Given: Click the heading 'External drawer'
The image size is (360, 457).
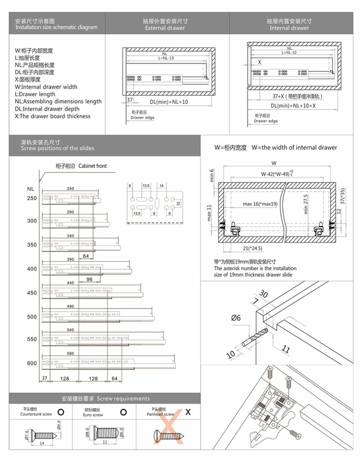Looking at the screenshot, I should (165, 28).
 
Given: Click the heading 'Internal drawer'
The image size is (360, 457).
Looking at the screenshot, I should (289, 28).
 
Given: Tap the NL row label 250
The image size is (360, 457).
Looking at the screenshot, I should (31, 198).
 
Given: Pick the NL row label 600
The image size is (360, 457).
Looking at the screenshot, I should (31, 363).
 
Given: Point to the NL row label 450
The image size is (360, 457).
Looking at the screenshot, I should (31, 293).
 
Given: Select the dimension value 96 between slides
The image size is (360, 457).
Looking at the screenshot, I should (89, 279).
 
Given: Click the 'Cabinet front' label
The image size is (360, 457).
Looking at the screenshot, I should (93, 166).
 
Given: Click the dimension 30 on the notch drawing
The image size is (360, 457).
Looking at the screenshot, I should (263, 294).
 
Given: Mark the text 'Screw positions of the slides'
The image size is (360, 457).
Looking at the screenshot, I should (57, 148).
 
